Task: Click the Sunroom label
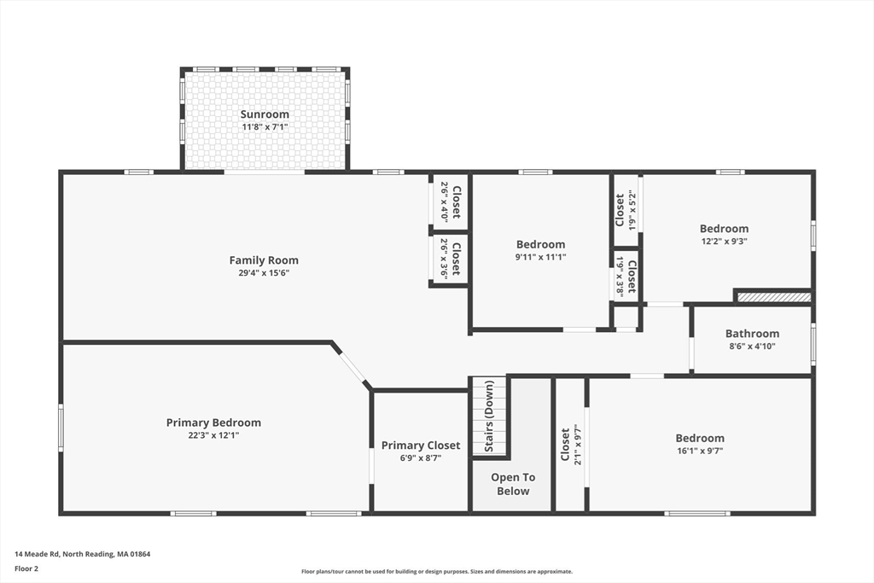[265, 114]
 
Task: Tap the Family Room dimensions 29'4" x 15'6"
[264, 273]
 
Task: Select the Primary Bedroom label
[213, 423]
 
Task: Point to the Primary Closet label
[421, 446]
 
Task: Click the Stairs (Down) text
[489, 417]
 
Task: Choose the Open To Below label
[513, 484]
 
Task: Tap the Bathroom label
[753, 333]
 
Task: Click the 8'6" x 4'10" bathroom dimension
[753, 346]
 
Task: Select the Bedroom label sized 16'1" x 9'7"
[700, 438]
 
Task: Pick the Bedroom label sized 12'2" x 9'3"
[724, 229]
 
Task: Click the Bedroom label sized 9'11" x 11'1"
[540, 244]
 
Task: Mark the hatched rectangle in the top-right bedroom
[774, 298]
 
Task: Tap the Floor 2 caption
[26, 569]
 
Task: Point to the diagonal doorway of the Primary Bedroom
[353, 365]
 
